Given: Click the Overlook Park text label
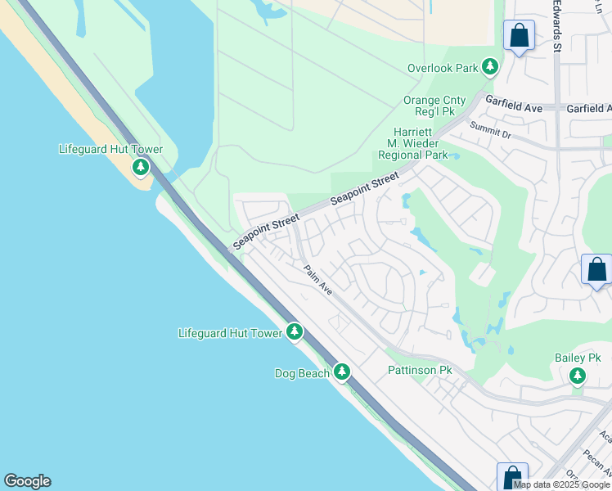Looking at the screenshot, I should [x=443, y=68].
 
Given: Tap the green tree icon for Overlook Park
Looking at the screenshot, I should [x=490, y=67].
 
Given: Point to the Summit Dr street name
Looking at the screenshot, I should [x=490, y=131].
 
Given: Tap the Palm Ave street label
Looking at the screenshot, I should [x=317, y=281].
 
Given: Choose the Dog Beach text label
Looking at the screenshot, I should [x=302, y=373].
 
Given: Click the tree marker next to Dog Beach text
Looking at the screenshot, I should [x=342, y=372].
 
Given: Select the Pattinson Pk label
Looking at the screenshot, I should [x=420, y=371].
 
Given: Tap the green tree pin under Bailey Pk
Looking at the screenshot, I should [x=578, y=376].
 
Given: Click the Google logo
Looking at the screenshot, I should [x=27, y=481].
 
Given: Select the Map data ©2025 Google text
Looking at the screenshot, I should [x=563, y=484].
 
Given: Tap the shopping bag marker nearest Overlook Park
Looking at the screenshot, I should [x=519, y=35].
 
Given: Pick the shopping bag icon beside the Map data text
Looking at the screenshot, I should [x=512, y=477].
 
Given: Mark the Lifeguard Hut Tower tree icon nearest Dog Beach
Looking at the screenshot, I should [x=295, y=332].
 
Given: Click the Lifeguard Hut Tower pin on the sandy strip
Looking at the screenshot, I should [x=141, y=168].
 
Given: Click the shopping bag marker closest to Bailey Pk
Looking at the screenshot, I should [x=596, y=269].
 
